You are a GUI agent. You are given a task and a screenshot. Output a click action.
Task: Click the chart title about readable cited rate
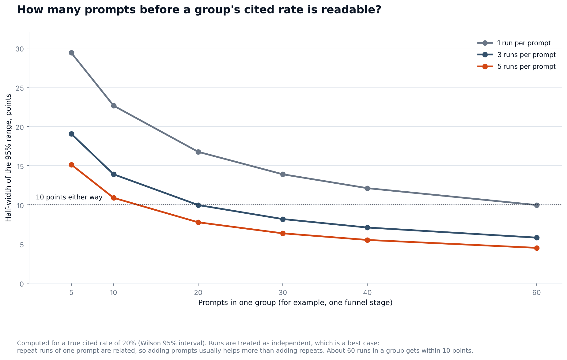tap(199, 10)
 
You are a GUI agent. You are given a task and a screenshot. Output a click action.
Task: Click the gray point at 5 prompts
tap(71, 53)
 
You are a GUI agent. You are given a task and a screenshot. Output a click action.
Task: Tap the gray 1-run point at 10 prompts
tap(114, 106)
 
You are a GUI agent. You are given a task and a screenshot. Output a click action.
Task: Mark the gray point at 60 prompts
tap(537, 205)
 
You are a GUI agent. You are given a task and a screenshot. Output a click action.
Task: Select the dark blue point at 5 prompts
tap(71, 134)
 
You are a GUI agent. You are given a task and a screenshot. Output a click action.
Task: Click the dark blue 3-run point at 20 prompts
tap(198, 205)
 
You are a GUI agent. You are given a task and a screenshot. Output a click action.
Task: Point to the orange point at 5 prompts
tap(71, 165)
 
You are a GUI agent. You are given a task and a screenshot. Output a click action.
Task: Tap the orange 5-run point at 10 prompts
tap(114, 198)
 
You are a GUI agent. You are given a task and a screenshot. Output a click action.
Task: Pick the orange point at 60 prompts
tap(537, 248)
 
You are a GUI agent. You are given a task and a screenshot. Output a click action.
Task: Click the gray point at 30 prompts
tap(283, 174)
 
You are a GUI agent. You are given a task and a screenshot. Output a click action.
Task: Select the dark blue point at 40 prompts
tap(367, 227)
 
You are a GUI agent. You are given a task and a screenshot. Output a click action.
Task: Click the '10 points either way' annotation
tap(69, 197)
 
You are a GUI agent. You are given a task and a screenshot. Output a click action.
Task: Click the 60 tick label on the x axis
tap(536, 292)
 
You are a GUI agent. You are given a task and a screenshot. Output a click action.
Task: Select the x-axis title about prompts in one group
tap(295, 303)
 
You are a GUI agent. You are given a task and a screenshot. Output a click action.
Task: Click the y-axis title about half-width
tap(9, 158)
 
